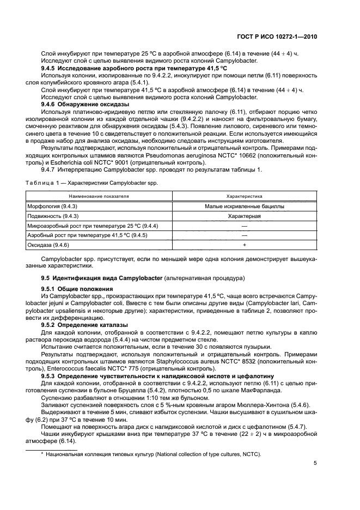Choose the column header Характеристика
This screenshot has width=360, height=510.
[x=245, y=195]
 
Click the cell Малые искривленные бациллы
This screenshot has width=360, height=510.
[x=245, y=206]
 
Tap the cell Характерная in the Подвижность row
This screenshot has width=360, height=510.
[x=245, y=216]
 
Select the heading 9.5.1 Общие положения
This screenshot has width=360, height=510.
[x=77, y=289]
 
